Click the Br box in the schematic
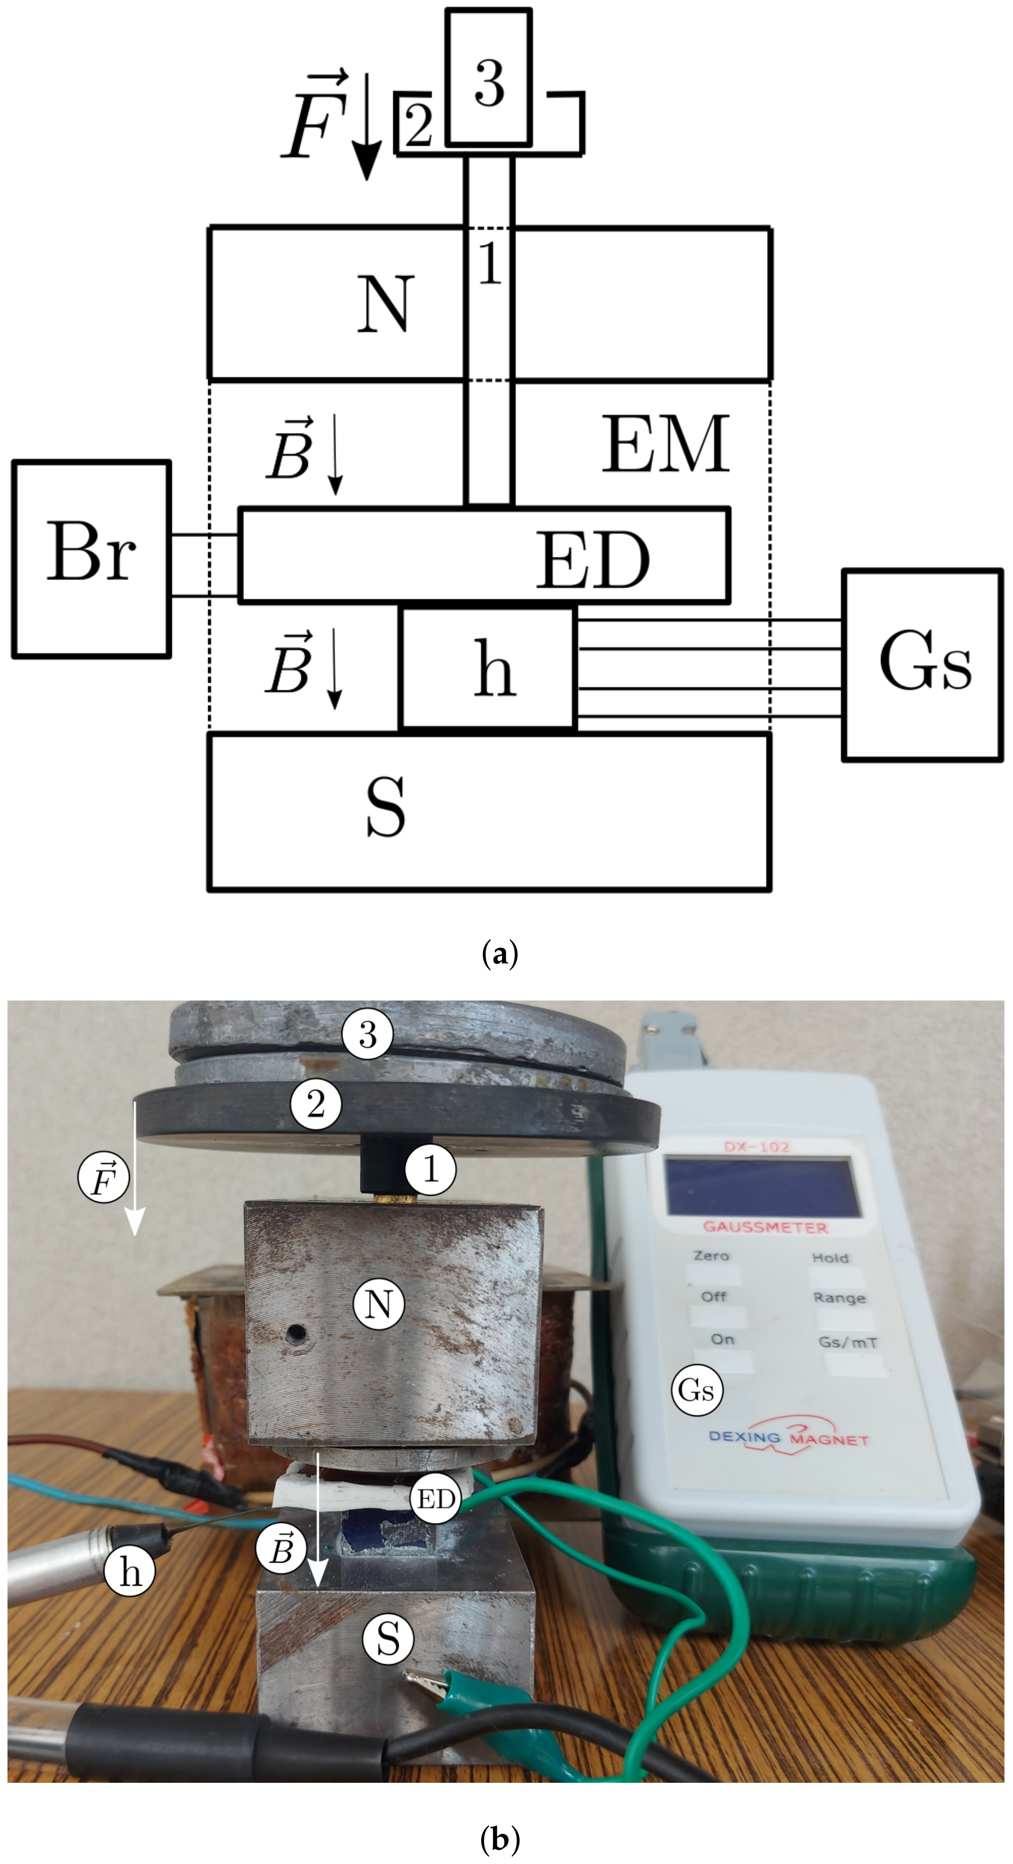pos(91,558)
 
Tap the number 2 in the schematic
pos(418,125)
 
